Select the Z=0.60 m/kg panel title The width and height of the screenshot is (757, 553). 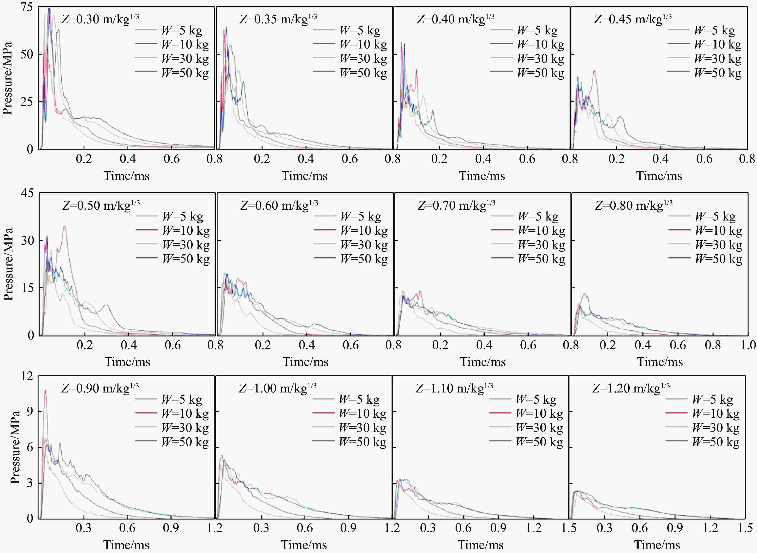pyautogui.click(x=279, y=205)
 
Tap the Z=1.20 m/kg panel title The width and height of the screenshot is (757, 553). pyautogui.click(x=631, y=388)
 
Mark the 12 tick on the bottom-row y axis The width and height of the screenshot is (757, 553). pyautogui.click(x=27, y=376)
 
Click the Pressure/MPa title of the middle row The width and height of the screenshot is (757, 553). pyautogui.click(x=8, y=264)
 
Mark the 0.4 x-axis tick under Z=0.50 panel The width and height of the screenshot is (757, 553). pyautogui.click(x=129, y=345)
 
